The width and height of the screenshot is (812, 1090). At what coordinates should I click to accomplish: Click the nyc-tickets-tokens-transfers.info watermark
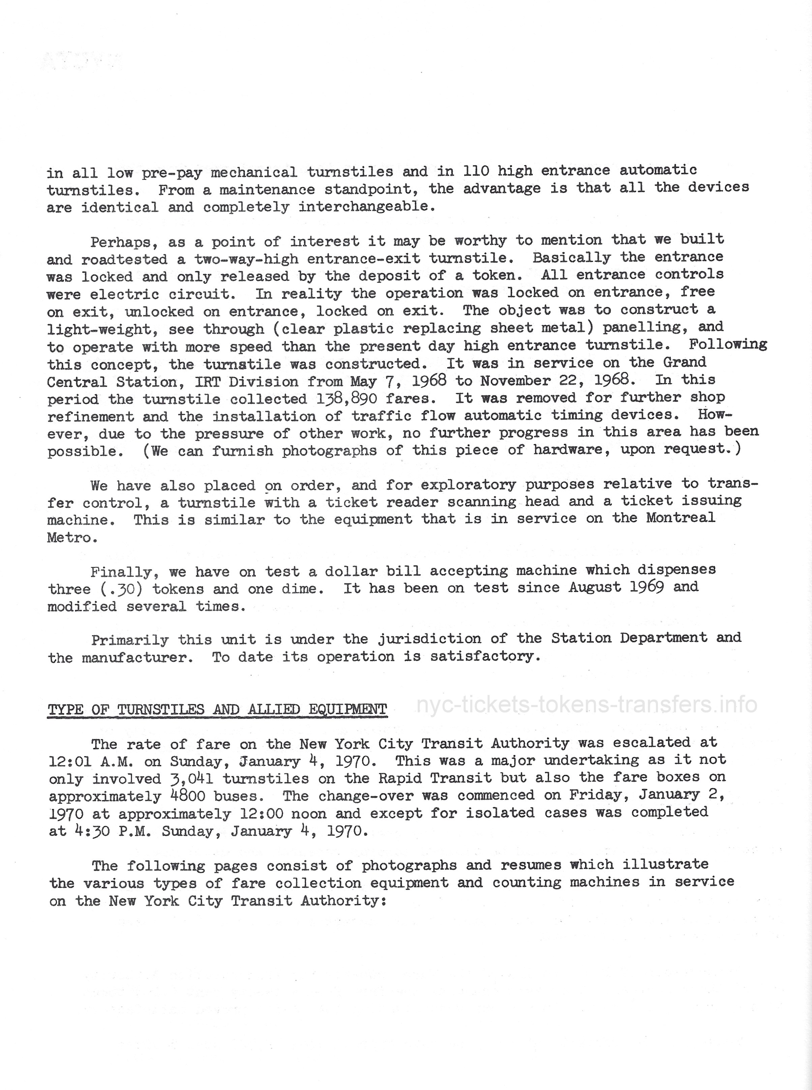587,705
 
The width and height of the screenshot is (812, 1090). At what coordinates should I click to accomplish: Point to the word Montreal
680,518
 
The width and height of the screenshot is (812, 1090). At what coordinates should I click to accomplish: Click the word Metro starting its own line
69,538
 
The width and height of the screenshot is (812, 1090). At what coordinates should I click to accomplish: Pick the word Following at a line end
727,344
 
